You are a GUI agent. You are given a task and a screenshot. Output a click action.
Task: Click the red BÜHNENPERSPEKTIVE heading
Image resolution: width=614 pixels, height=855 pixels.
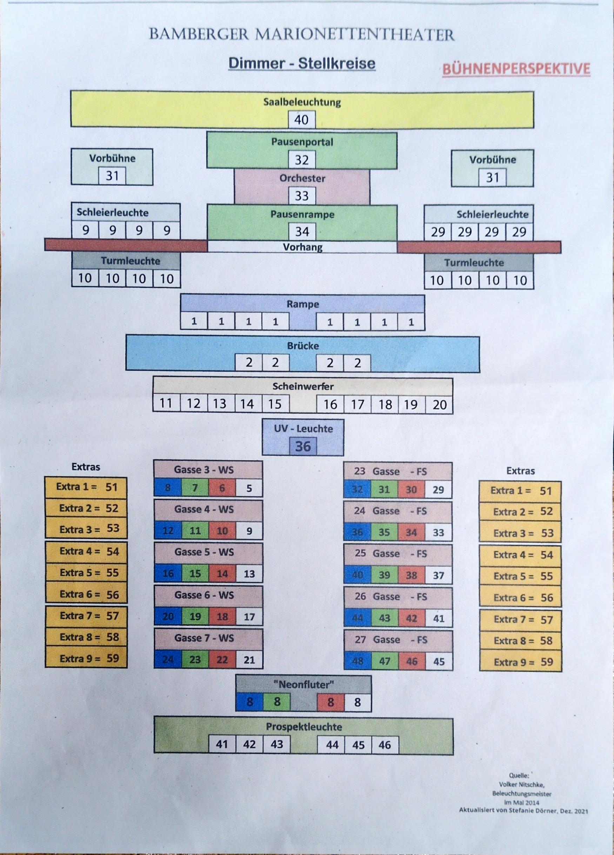click(x=516, y=69)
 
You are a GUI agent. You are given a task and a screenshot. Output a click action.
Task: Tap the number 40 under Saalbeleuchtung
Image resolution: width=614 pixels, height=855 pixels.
click(x=301, y=120)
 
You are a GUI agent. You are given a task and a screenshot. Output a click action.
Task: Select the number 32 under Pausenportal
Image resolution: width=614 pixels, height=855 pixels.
click(x=301, y=160)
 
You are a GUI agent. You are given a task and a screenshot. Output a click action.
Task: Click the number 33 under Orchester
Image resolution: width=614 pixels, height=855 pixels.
click(x=301, y=195)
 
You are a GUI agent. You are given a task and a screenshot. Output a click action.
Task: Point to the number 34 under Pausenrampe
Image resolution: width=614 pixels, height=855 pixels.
click(x=301, y=231)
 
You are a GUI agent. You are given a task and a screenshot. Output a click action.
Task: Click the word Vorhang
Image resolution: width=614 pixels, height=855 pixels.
click(x=302, y=247)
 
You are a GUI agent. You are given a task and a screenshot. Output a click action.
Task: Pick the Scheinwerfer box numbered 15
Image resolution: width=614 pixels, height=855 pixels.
click(x=275, y=404)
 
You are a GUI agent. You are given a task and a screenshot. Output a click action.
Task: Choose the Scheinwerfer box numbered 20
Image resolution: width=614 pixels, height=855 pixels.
click(x=440, y=405)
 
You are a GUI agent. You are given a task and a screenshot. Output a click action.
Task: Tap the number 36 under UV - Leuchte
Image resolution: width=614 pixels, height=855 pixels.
click(x=303, y=446)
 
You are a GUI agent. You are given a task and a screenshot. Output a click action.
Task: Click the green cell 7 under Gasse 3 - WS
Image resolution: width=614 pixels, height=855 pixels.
click(x=195, y=488)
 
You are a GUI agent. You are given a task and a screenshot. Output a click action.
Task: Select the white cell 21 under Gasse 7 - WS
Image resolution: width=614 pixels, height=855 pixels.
click(x=249, y=660)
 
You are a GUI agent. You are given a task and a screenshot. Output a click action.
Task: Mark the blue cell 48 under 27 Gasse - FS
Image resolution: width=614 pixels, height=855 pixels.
click(x=357, y=661)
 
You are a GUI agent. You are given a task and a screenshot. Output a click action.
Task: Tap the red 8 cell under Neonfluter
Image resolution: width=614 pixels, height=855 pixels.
click(x=330, y=702)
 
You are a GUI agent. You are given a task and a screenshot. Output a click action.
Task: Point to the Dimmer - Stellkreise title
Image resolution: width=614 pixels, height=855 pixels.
click(x=302, y=63)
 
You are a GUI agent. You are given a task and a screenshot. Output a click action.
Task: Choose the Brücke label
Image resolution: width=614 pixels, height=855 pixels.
click(x=303, y=346)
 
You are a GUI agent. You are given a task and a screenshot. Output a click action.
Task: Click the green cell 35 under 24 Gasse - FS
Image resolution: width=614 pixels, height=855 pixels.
click(x=384, y=532)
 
